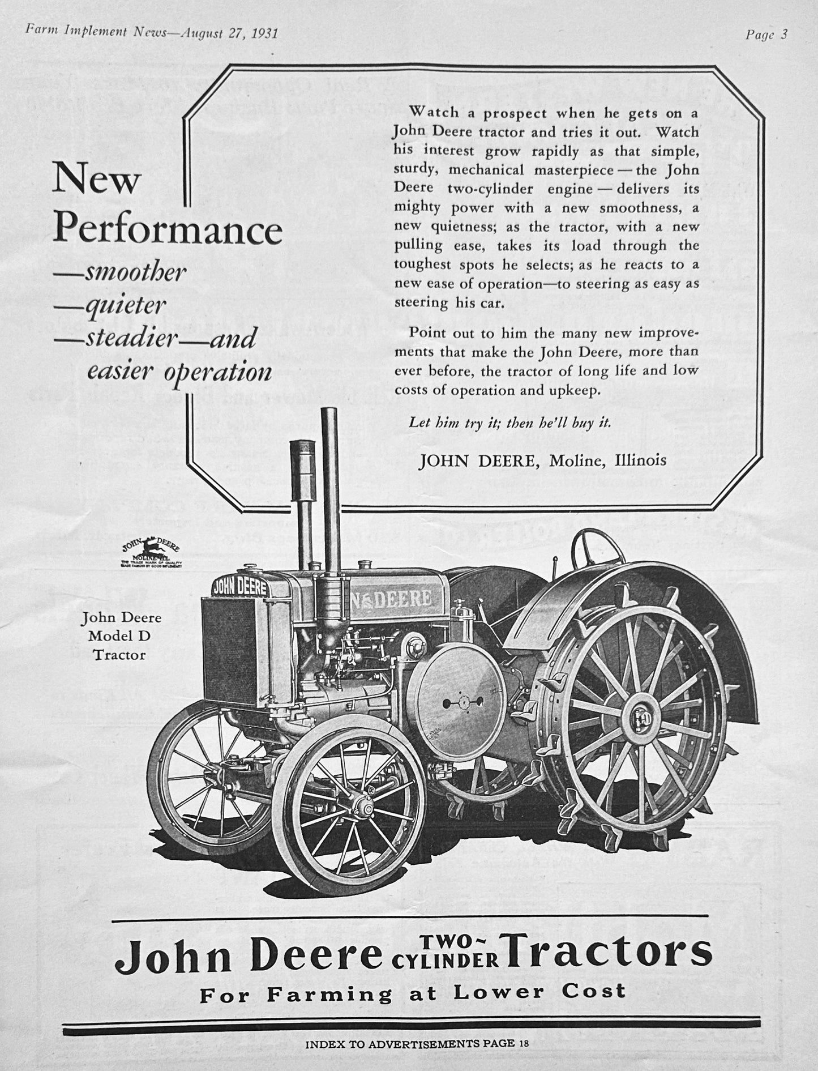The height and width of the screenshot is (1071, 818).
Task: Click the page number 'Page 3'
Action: point(766,35)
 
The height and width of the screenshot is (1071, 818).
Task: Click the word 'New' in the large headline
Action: point(96,181)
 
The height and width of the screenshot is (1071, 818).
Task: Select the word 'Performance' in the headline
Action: point(168,229)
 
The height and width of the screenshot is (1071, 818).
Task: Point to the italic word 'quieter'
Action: point(125,306)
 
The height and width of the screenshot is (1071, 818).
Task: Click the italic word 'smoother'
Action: point(135,273)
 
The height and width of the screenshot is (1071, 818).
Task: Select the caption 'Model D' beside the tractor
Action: point(119,636)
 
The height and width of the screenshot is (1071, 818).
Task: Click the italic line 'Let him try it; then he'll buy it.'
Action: point(509,423)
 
